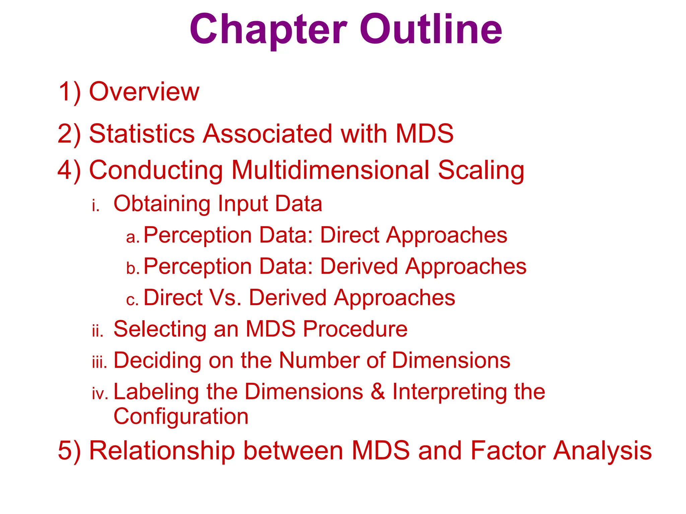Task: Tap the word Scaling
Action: [x=481, y=171]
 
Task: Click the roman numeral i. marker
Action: [x=96, y=205]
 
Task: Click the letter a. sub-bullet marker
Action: [x=133, y=237]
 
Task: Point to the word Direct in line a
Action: [x=349, y=235]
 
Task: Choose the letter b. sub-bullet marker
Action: [x=133, y=268]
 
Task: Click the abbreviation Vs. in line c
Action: [x=225, y=297]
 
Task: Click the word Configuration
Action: [x=181, y=417]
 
